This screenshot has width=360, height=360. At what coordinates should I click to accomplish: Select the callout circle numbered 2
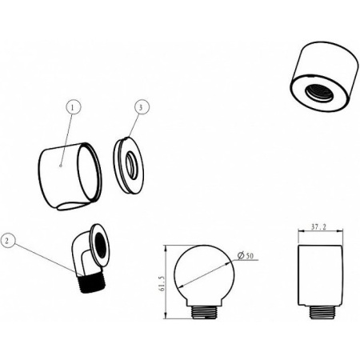tap(8, 241)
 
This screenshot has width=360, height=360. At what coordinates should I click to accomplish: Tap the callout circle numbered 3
tap(142, 107)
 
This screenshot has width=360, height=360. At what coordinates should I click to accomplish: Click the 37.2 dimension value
tap(319, 227)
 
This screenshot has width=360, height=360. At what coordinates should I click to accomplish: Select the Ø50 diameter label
tap(245, 256)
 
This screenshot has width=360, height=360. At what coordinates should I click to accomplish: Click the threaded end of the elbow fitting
tap(93, 284)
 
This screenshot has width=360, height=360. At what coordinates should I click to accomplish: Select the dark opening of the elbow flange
tap(102, 246)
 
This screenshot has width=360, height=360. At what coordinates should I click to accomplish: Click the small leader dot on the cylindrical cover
tap(61, 166)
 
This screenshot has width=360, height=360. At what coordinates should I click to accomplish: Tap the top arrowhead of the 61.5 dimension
tap(166, 248)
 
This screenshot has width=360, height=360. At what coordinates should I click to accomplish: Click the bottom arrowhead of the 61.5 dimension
tap(166, 316)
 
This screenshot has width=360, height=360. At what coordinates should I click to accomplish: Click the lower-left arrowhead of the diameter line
tap(180, 286)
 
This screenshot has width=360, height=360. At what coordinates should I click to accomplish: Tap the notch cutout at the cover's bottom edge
tap(72, 206)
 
